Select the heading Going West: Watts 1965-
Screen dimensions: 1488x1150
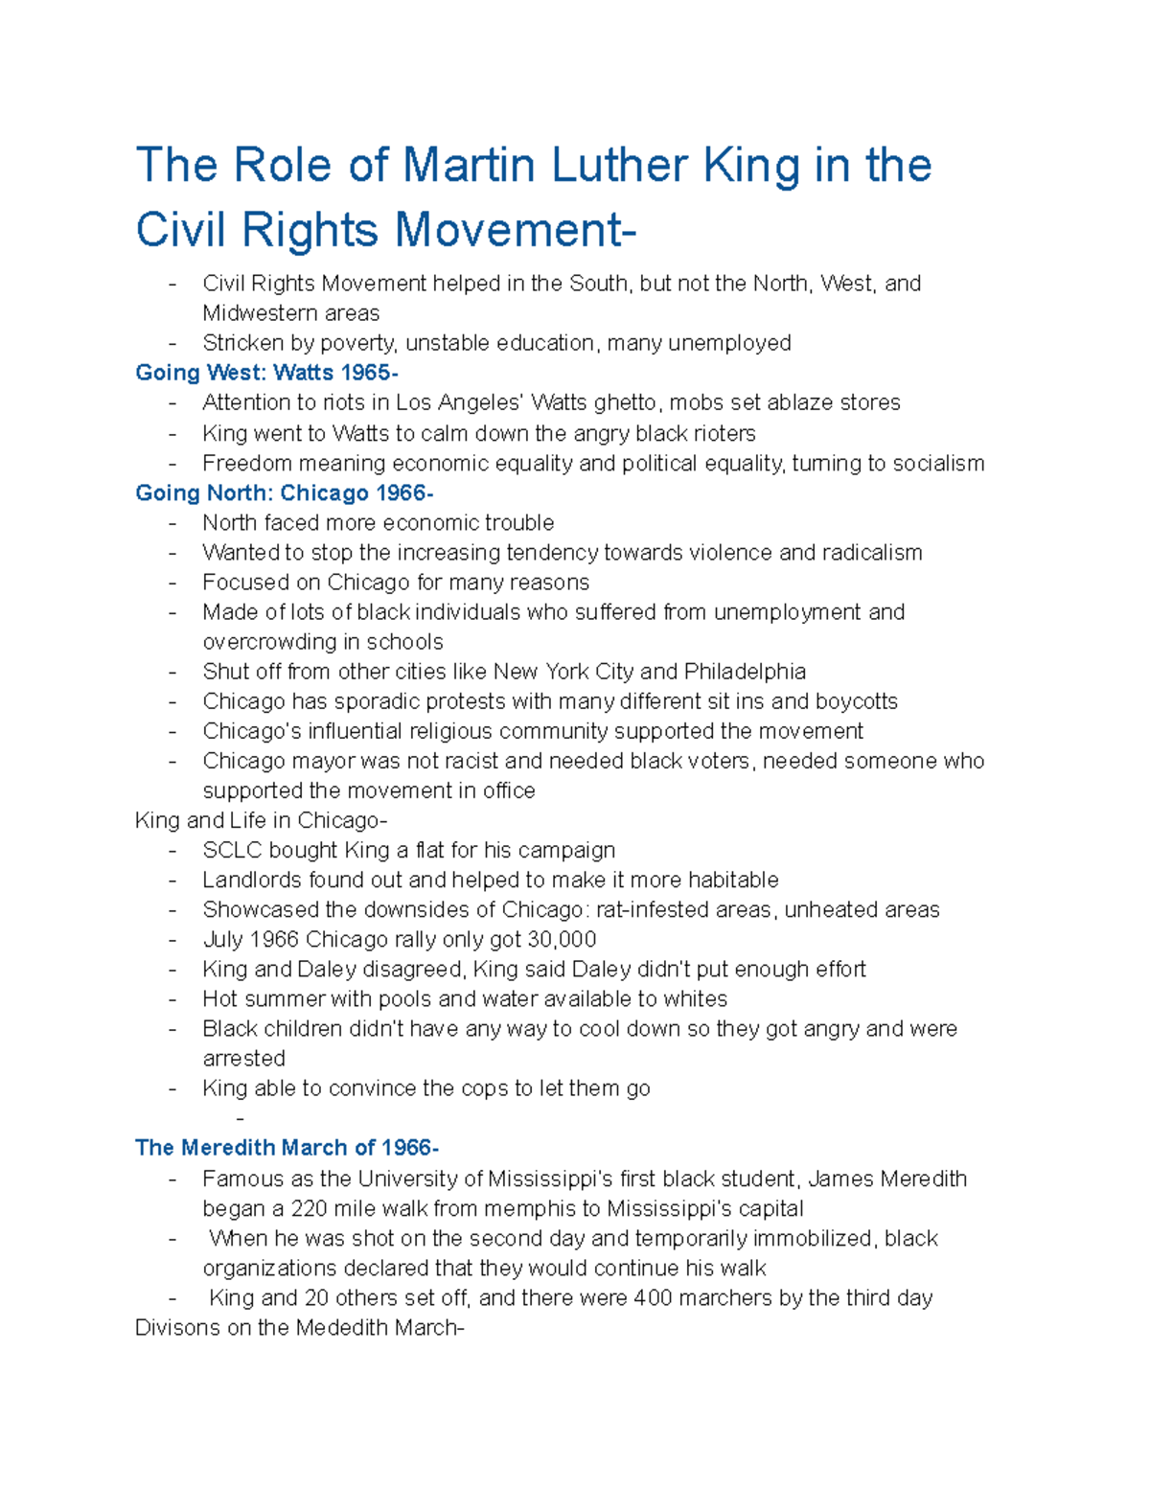[x=266, y=373]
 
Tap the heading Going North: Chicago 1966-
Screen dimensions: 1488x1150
[x=284, y=492]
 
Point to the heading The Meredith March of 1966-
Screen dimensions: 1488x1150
[x=287, y=1148]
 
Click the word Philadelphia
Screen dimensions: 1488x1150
[x=745, y=671]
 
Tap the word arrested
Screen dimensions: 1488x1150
[x=243, y=1059]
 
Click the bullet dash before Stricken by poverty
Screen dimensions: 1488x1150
[x=172, y=343]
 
